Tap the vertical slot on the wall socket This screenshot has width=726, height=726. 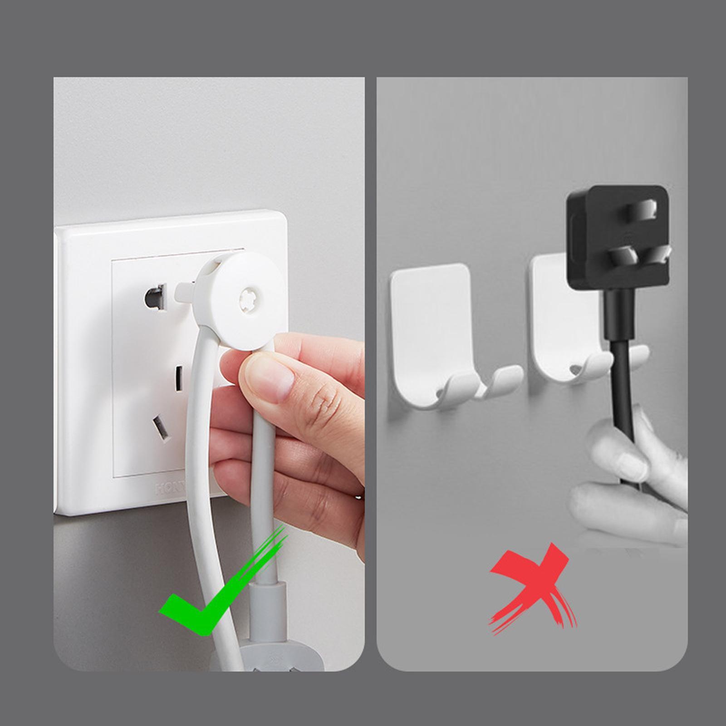(179, 379)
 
